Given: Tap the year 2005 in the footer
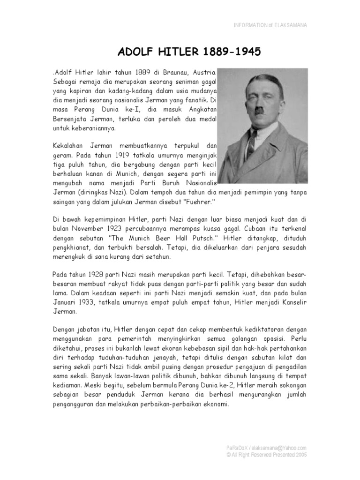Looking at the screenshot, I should click(300, 454).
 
